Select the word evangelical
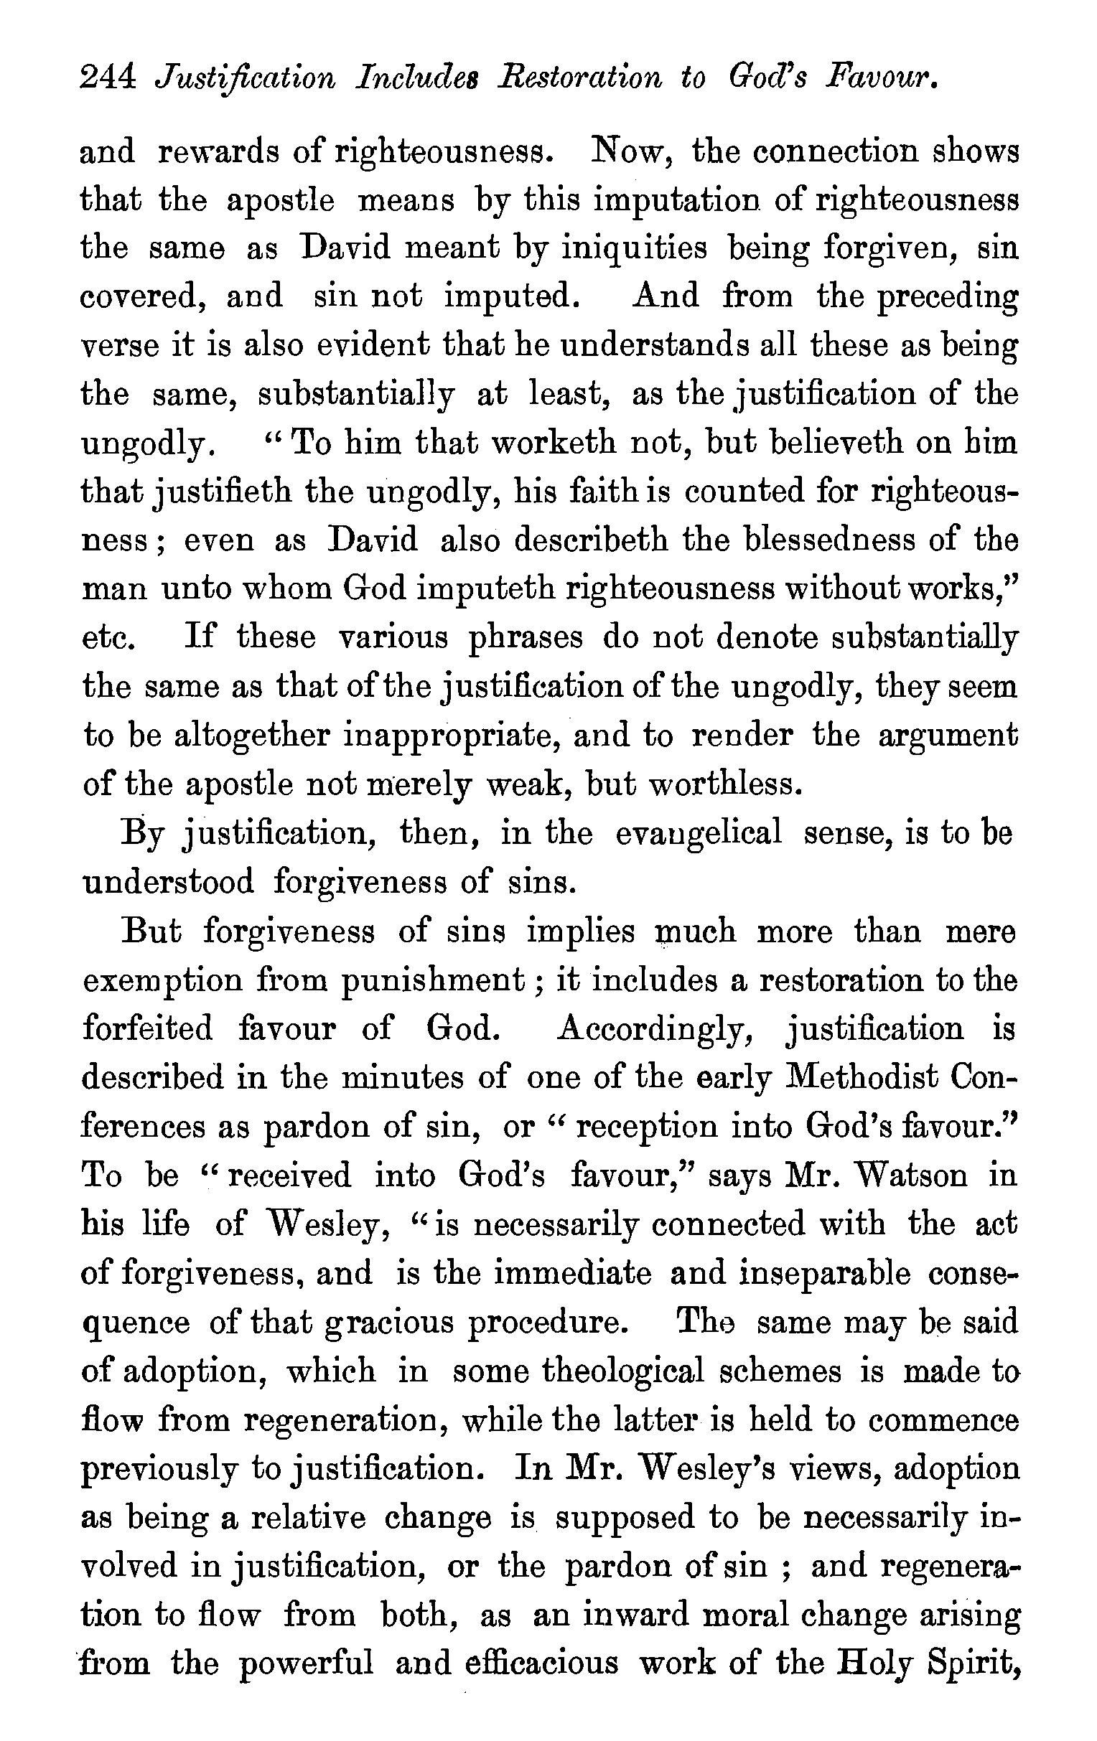coord(699,833)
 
